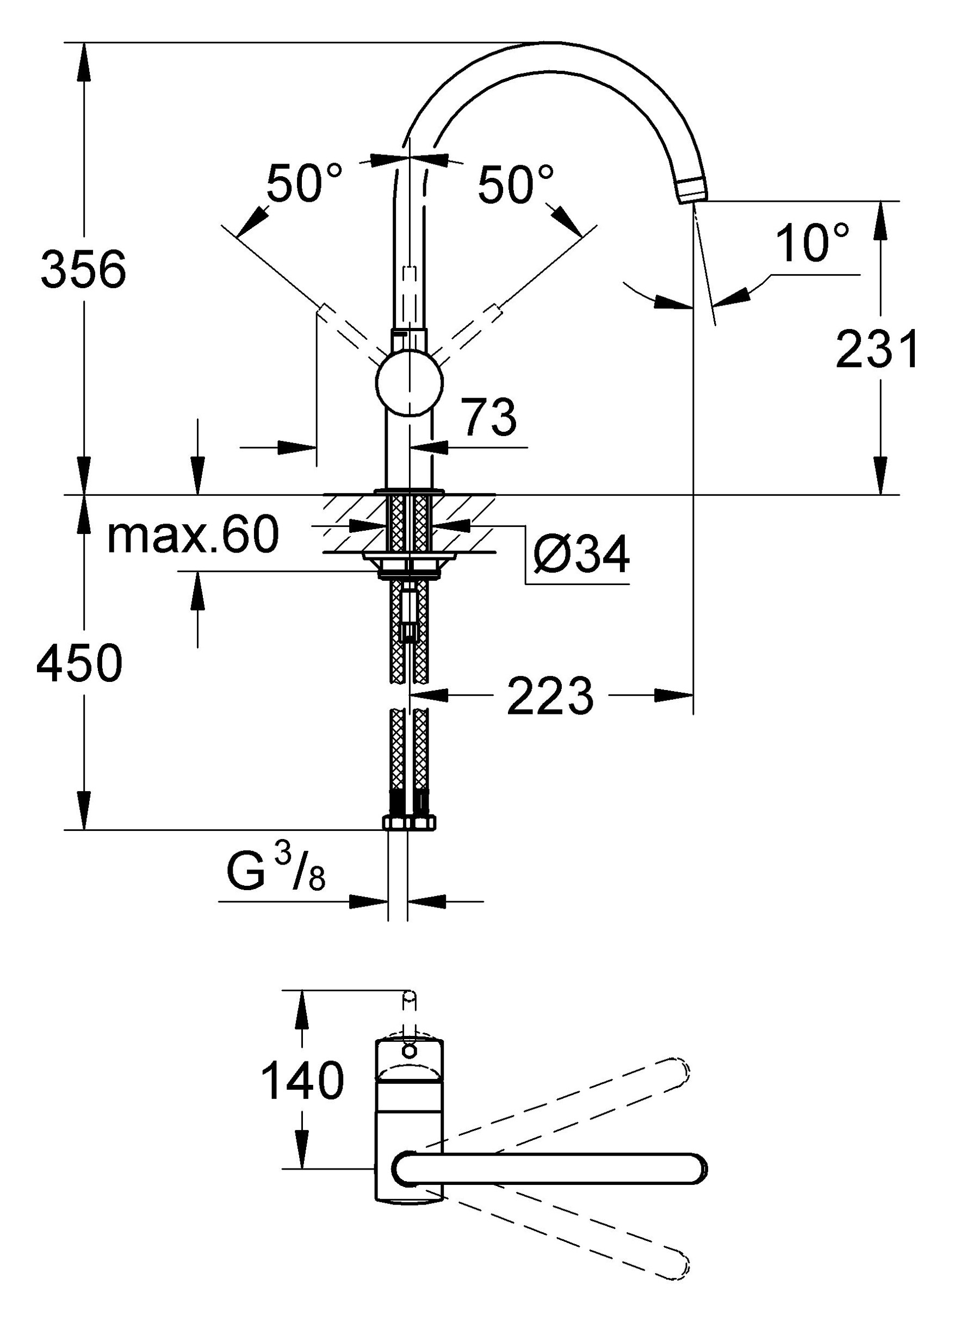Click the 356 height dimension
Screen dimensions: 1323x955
click(x=83, y=270)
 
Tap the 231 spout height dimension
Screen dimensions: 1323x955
click(x=876, y=350)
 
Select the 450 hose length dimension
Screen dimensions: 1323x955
click(x=79, y=663)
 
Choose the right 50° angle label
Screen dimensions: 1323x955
click(x=514, y=183)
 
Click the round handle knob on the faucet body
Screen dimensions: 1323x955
click(x=410, y=383)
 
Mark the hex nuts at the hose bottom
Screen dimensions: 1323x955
click(x=410, y=823)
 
